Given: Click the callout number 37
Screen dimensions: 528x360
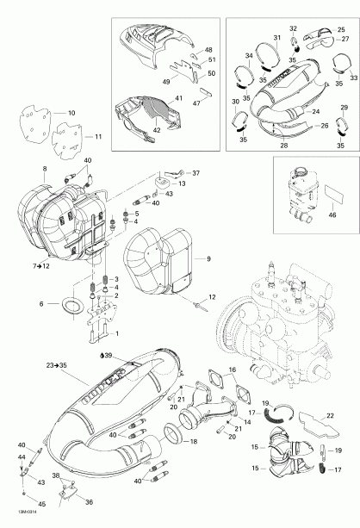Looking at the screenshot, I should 194,172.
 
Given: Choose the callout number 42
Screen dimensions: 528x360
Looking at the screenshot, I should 156,129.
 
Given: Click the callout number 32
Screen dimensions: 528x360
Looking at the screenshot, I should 292,28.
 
